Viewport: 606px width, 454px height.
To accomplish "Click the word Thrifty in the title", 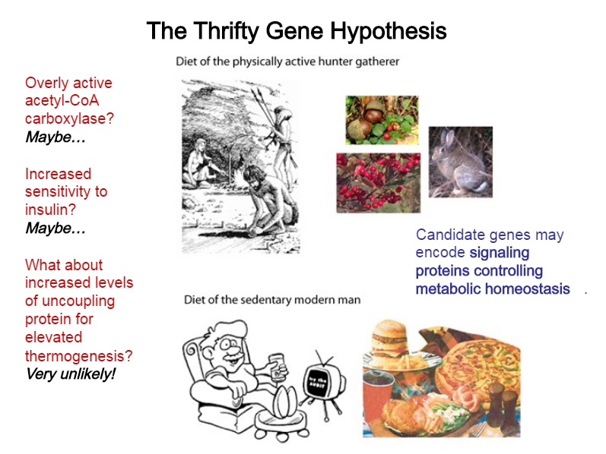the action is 226,31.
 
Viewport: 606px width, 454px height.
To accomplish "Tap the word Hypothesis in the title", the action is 389,31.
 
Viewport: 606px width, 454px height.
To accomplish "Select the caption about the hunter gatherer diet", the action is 287,61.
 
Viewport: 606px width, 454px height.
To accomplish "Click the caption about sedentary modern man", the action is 272,300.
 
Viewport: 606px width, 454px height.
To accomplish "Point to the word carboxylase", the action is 69,118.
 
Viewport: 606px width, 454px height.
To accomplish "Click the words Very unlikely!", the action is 71,374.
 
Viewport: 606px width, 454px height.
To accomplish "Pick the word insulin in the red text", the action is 51,210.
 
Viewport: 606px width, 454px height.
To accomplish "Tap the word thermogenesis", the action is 79,356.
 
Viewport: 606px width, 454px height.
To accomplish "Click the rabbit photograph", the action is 460,162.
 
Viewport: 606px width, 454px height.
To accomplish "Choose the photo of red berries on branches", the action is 379,183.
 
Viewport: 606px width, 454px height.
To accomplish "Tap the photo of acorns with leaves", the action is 382,120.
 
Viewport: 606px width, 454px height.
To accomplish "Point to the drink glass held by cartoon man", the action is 278,367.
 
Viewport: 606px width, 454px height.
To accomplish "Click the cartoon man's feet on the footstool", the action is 285,402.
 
